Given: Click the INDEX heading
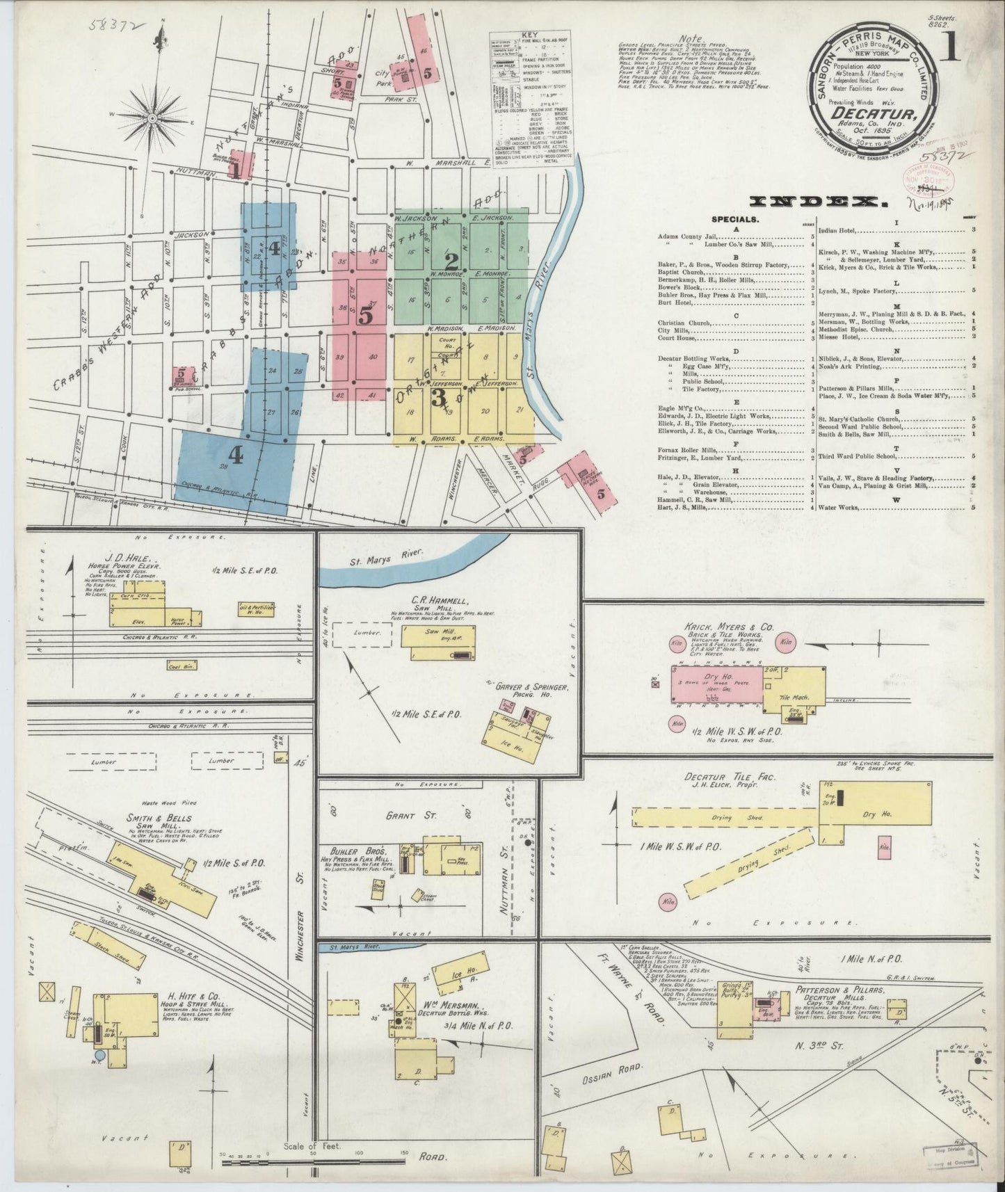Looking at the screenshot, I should (819, 202).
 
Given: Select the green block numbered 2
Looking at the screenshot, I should (452, 262).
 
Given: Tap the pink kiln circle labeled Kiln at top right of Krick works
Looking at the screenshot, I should (787, 642).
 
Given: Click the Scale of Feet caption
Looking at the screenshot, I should (312, 1146).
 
